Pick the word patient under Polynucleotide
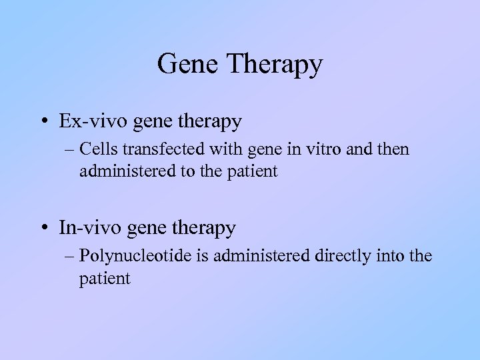point(105,277)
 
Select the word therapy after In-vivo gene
point(204,229)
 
